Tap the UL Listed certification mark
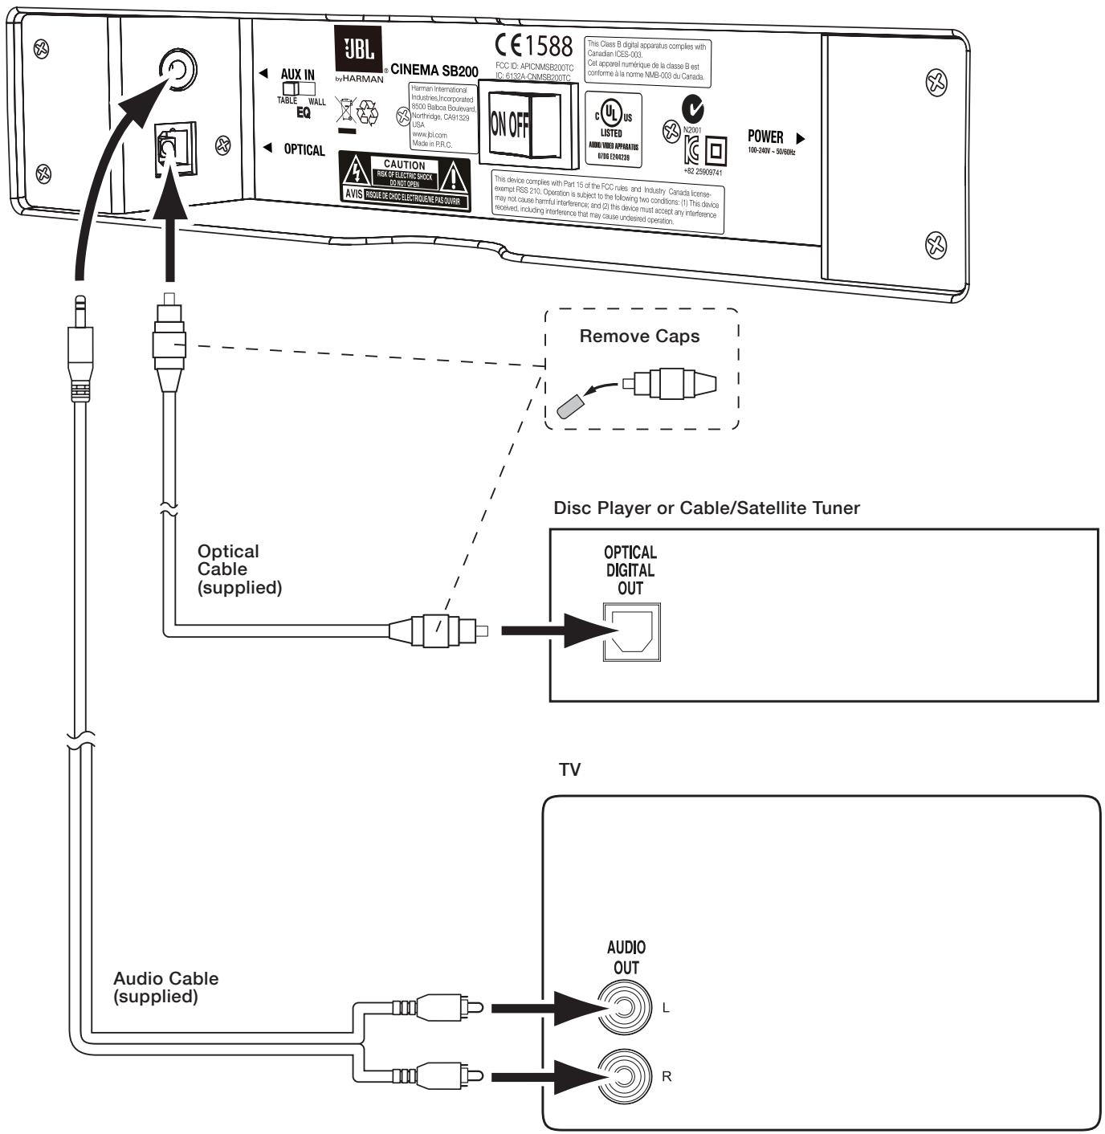(610, 127)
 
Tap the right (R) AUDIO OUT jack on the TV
(626, 1076)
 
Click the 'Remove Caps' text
(639, 337)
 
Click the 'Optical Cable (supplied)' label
(239, 569)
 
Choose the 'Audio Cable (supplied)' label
(165, 987)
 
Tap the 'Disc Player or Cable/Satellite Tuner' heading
(707, 508)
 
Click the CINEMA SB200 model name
(434, 71)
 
